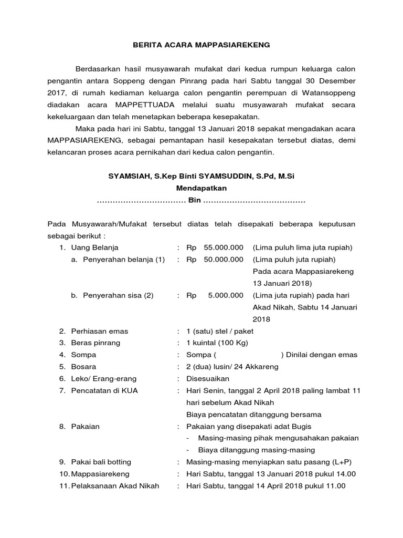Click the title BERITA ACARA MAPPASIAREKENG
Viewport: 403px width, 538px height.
coord(201,45)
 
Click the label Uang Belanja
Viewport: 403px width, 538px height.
coord(95,247)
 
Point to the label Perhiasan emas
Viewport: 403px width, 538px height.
coord(100,331)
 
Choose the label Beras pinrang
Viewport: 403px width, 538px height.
coord(96,343)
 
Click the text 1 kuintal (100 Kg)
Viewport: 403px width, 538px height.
coord(217,343)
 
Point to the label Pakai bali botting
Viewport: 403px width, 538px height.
coord(101,462)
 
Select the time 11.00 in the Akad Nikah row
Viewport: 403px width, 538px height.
coord(335,486)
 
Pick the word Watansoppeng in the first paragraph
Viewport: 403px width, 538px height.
coord(331,93)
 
